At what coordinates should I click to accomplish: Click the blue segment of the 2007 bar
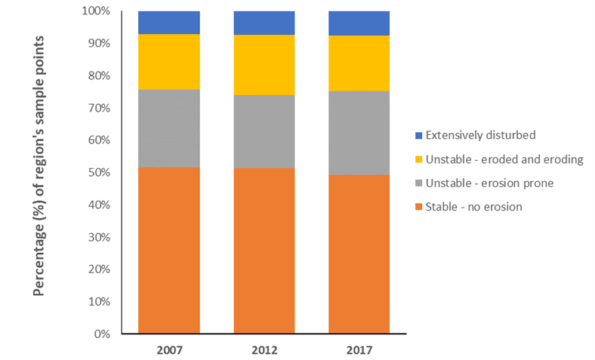[x=168, y=23]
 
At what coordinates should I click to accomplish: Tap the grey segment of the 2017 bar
[x=359, y=133]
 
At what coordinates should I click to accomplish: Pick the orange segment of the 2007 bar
[x=168, y=250]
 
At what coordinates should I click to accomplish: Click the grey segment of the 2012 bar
[x=264, y=131]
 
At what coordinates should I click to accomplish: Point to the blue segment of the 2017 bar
[x=359, y=23]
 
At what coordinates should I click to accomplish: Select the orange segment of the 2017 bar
[x=359, y=254]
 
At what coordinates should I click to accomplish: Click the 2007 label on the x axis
[x=168, y=349]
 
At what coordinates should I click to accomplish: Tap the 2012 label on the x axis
[x=264, y=349]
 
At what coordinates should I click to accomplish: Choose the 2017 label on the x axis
[x=359, y=349]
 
